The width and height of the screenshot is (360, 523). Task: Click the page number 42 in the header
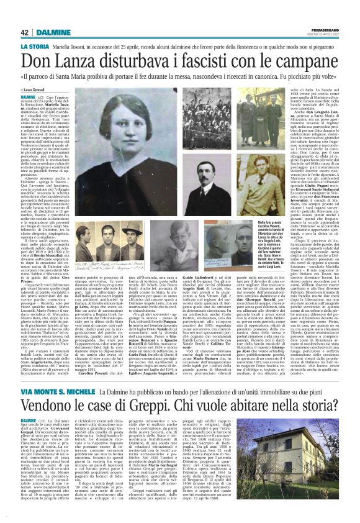click(25, 32)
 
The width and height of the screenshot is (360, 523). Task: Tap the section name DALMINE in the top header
click(52, 32)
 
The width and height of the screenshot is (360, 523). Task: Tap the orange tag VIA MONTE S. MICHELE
click(55, 395)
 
